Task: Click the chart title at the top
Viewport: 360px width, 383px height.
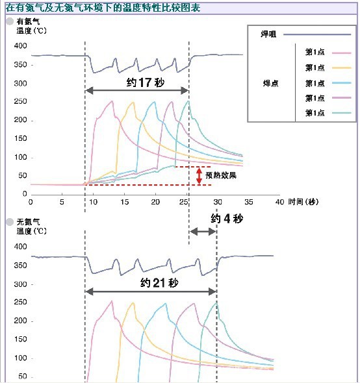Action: click(103, 8)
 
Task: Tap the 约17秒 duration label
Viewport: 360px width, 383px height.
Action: click(146, 82)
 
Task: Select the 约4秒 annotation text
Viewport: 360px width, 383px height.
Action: click(227, 218)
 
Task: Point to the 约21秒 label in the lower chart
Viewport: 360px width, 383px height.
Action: click(159, 283)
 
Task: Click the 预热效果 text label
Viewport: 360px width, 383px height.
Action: click(221, 175)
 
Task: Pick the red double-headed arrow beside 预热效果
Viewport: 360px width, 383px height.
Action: click(199, 176)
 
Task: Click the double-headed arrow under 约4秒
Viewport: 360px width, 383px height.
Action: click(203, 232)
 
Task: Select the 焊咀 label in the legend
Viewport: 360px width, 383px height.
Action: click(268, 34)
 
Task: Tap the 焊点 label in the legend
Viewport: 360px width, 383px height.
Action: click(271, 83)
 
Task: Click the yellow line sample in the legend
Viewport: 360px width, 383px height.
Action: click(341, 68)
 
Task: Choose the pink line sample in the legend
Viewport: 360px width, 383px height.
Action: click(341, 53)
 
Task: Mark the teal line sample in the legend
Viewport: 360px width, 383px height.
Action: click(341, 113)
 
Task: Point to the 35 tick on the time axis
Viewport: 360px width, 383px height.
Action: click(249, 202)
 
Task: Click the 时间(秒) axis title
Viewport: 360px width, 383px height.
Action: click(303, 202)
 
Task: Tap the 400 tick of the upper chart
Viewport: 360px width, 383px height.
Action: click(20, 45)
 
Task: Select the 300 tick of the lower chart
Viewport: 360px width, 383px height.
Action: click(20, 284)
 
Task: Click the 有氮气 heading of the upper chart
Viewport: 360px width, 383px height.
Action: click(28, 21)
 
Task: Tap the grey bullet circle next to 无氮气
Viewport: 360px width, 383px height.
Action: click(10, 222)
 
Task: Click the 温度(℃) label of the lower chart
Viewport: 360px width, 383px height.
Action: click(32, 231)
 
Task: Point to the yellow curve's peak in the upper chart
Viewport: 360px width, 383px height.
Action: click(133, 103)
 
